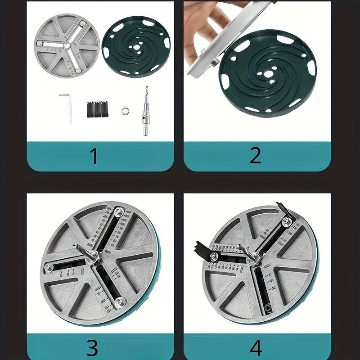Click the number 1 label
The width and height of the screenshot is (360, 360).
[x=94, y=156]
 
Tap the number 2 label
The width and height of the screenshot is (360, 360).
[x=255, y=156]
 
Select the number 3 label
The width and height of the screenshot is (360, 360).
[x=92, y=347]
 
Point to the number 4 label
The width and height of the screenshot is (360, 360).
[x=255, y=347]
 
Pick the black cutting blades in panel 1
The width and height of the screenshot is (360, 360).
[x=99, y=109]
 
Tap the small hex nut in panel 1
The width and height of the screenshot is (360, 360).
[x=125, y=110]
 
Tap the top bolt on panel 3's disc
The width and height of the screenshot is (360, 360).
[x=118, y=211]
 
